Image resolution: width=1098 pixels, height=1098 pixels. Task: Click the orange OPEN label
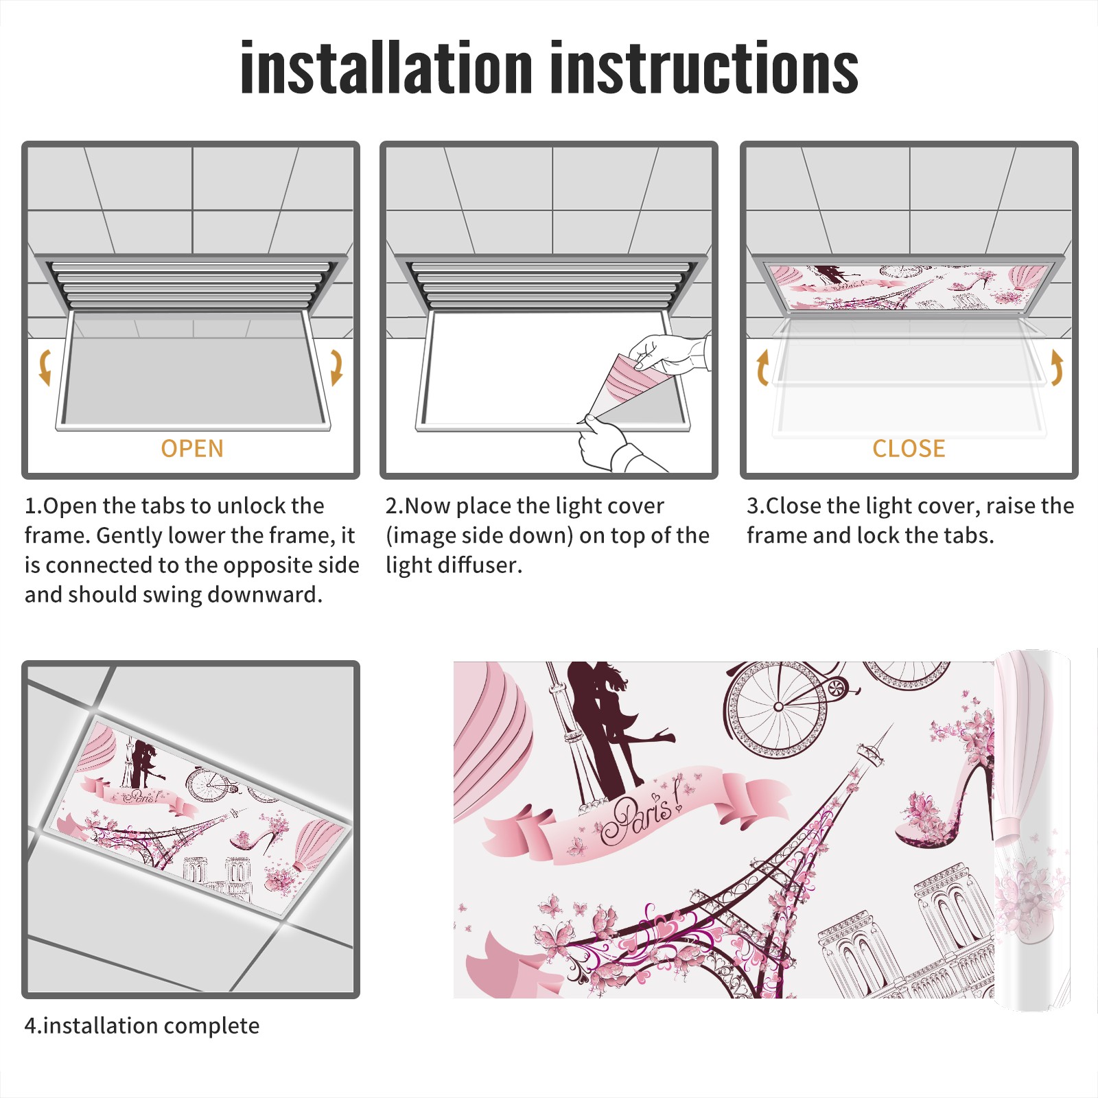[192, 448]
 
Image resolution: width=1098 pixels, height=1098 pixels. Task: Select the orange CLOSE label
[909, 448]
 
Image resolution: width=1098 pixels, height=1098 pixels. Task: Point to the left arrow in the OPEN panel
[45, 367]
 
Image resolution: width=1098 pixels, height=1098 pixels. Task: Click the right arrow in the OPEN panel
[336, 367]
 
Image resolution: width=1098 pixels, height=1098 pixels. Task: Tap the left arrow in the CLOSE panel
[762, 367]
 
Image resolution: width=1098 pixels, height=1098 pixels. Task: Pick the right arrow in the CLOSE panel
[1057, 367]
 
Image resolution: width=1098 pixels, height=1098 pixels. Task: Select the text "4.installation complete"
[142, 1026]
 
